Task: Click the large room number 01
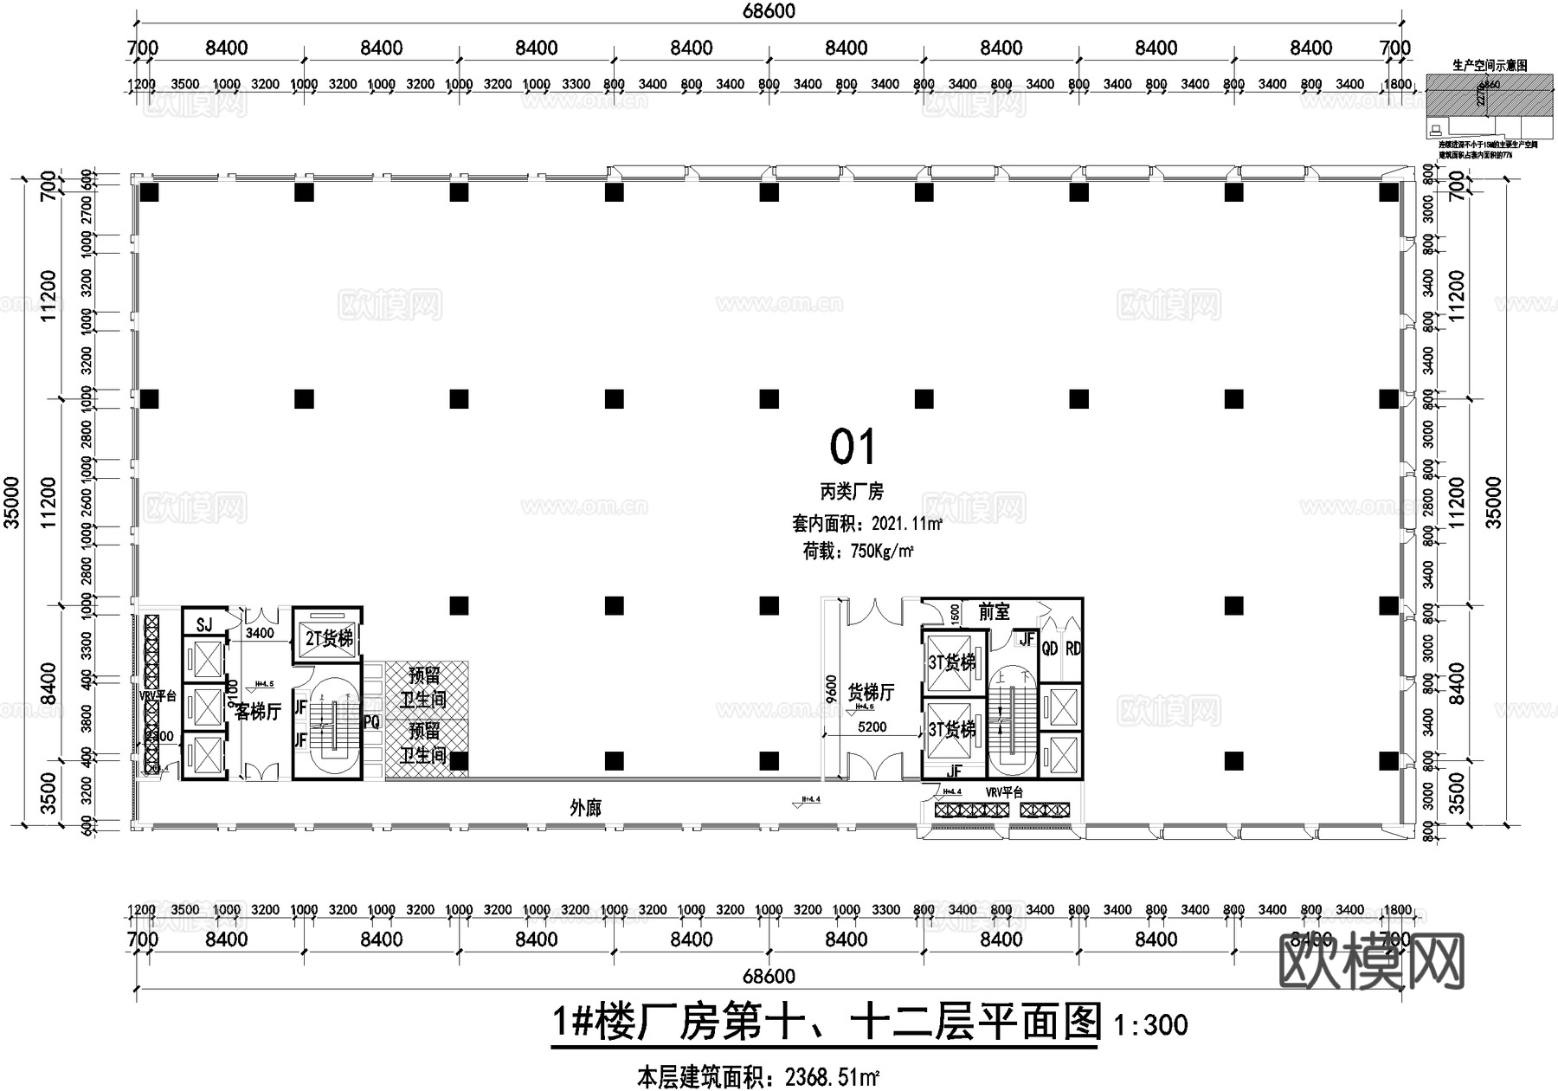tap(853, 448)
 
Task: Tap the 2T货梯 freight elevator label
tap(329, 639)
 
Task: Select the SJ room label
tap(204, 625)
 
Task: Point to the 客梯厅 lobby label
tap(259, 712)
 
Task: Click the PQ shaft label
tap(371, 721)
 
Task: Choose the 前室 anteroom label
tap(994, 612)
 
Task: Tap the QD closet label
tap(1049, 649)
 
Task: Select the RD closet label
tap(1072, 649)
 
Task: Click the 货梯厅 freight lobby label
tap(871, 692)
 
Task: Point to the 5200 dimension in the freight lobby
tap(872, 727)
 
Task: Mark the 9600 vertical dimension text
tap(832, 690)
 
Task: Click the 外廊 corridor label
tap(586, 808)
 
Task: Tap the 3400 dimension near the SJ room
tap(260, 633)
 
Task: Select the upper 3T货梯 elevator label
tap(951, 662)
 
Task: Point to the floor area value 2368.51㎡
tap(832, 1078)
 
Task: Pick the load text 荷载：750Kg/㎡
tap(858, 551)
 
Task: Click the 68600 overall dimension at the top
tap(769, 11)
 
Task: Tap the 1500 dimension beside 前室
tap(956, 613)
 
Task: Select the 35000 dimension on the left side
tap(11, 501)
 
